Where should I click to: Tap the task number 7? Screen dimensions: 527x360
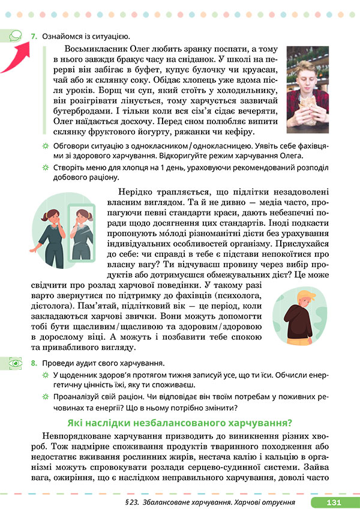click(x=34, y=38)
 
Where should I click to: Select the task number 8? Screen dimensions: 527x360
click(x=34, y=363)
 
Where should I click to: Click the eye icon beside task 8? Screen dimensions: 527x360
click(x=14, y=363)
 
